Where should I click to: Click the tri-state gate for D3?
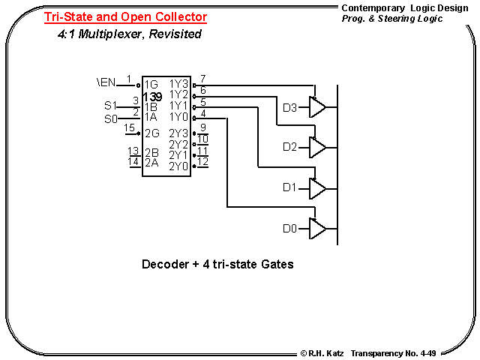(x=317, y=109)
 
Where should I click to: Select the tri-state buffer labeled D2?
(x=317, y=147)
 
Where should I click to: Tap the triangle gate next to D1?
(x=317, y=187)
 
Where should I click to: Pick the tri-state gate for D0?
(x=317, y=227)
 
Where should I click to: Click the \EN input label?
(x=106, y=79)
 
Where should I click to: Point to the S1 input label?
(x=110, y=105)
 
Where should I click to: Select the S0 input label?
(x=110, y=118)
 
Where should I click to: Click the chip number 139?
(x=152, y=97)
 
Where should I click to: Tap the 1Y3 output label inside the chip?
(x=178, y=84)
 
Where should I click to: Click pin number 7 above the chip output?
(x=202, y=79)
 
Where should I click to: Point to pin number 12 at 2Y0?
(x=202, y=161)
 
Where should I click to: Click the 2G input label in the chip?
(x=152, y=133)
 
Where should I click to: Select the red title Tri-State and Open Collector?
(x=125, y=16)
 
